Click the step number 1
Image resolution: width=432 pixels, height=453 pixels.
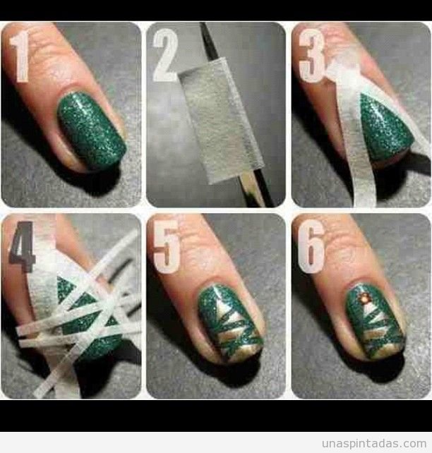click(20, 56)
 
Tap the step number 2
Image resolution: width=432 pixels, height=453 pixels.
click(165, 55)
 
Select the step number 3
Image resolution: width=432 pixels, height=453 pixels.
click(312, 56)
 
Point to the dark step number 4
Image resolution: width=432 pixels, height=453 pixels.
click(23, 246)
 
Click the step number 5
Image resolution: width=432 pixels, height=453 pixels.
click(166, 247)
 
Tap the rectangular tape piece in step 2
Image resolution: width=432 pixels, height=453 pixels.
click(222, 120)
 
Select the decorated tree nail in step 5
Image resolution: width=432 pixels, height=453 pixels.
click(231, 320)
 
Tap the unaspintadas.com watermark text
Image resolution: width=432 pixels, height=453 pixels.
click(373, 443)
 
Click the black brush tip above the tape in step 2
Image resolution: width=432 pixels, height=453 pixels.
click(209, 40)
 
